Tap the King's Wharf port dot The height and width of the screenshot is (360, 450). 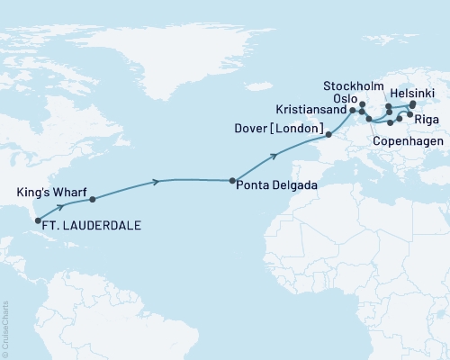(x=92, y=198)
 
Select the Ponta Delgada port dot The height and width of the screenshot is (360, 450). (x=233, y=180)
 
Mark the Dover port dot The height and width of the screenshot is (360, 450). (x=328, y=135)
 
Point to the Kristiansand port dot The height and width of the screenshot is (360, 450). (x=352, y=110)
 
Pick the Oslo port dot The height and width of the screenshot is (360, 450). (x=362, y=104)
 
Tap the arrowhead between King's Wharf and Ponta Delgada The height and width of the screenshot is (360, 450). (x=158, y=181)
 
